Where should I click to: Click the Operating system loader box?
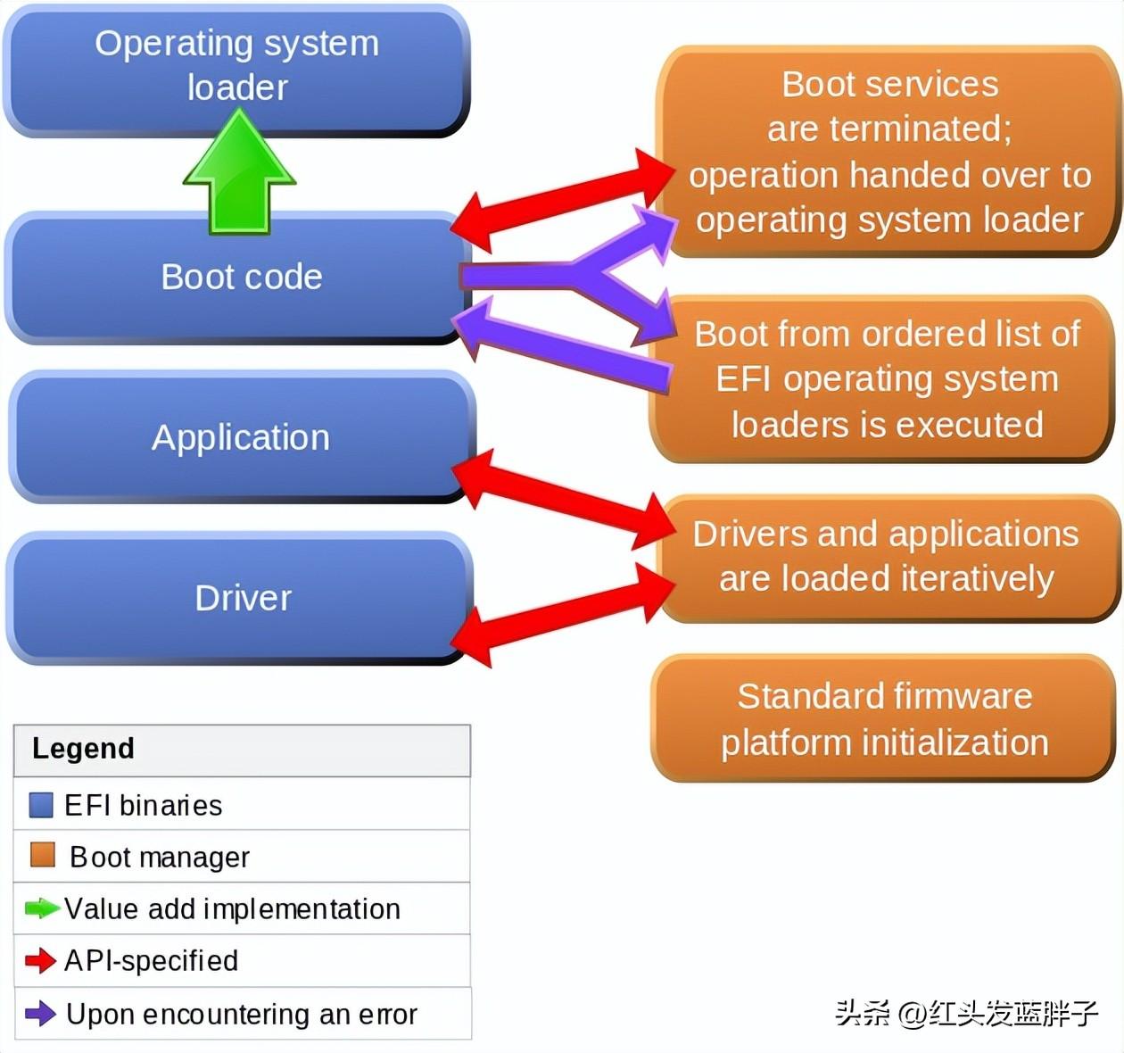pyautogui.click(x=236, y=67)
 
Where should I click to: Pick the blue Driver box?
pyautogui.click(x=241, y=598)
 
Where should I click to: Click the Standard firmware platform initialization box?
pyautogui.click(x=883, y=718)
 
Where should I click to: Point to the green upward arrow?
pyautogui.click(x=239, y=174)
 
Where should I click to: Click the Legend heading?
pyautogui.click(x=83, y=748)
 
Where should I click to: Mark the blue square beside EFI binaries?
pyautogui.click(x=41, y=805)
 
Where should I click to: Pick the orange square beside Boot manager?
pyautogui.click(x=42, y=855)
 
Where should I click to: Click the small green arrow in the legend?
pyautogui.click(x=41, y=908)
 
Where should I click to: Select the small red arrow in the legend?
pyautogui.click(x=40, y=960)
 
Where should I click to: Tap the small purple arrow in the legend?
pyautogui.click(x=40, y=1013)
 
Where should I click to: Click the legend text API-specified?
pyautogui.click(x=152, y=960)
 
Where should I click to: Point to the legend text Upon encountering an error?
pyautogui.click(x=241, y=1014)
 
